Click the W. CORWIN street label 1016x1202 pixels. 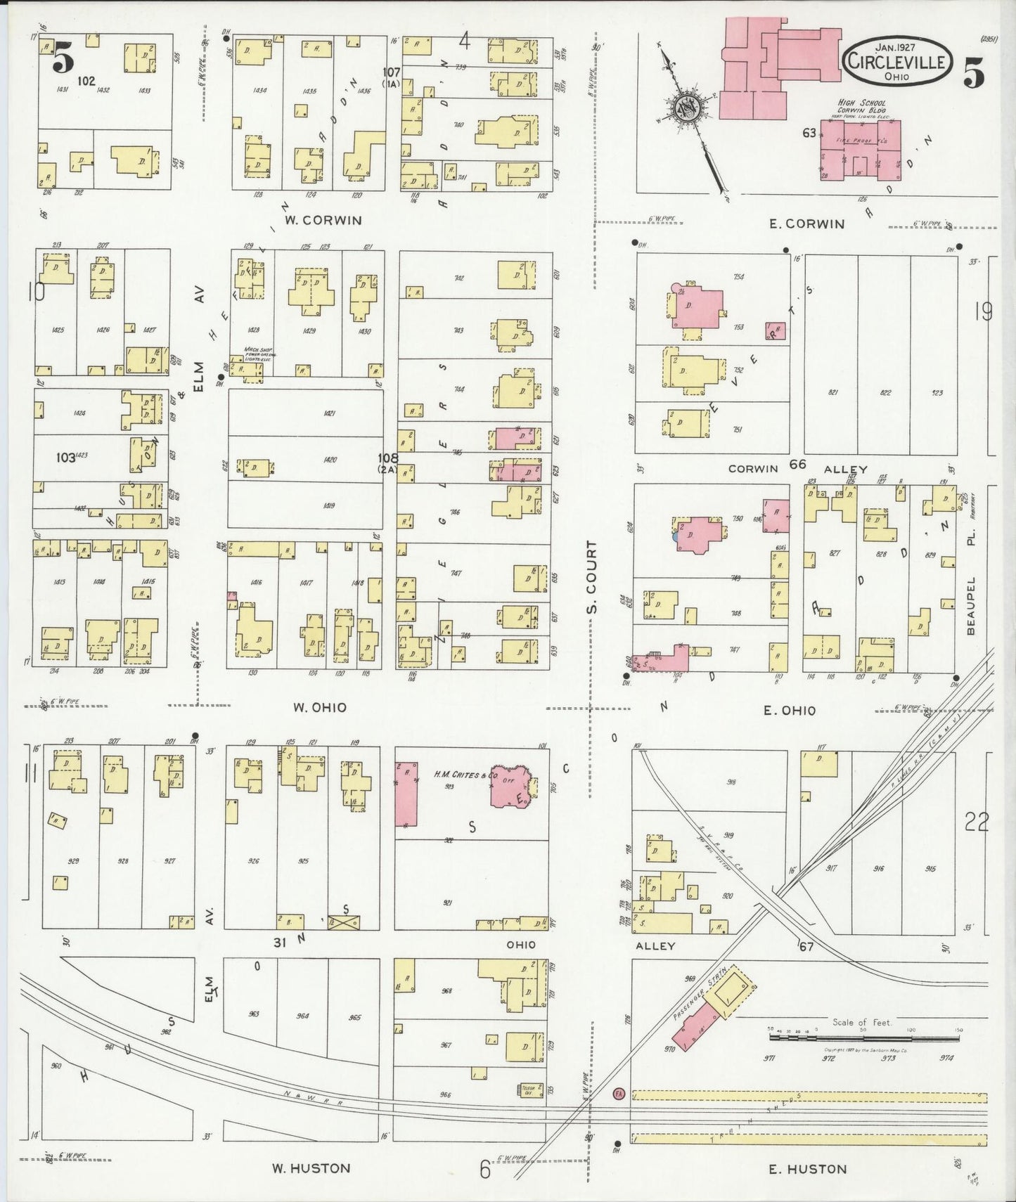click(x=323, y=220)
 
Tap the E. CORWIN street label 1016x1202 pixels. click(x=805, y=224)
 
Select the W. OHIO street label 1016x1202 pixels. click(x=320, y=707)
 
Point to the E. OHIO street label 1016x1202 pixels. click(x=790, y=711)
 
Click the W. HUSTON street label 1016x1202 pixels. click(x=311, y=1168)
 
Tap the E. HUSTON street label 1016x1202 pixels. click(x=807, y=1169)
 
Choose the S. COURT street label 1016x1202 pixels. click(x=592, y=576)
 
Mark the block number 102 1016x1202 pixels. click(x=86, y=82)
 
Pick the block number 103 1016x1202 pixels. click(x=65, y=457)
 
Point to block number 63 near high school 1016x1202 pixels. click(x=809, y=133)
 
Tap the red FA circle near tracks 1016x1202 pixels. click(x=618, y=1094)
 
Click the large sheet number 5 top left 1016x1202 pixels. click(x=63, y=58)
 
